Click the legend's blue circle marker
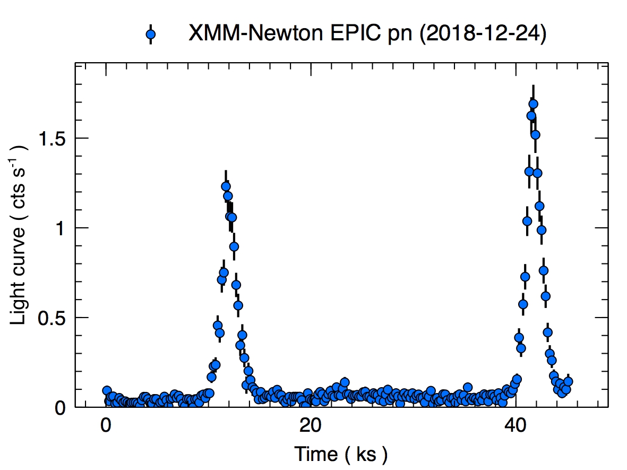pyautogui.click(x=151, y=35)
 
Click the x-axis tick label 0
pyautogui.click(x=106, y=426)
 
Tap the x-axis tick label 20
pyautogui.click(x=310, y=426)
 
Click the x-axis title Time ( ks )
pyautogui.click(x=341, y=454)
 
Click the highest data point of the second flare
pyautogui.click(x=533, y=104)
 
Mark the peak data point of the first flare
pyautogui.click(x=226, y=186)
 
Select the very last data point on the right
pyautogui.click(x=568, y=381)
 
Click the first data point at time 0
pyautogui.click(x=107, y=390)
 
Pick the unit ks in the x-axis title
pyautogui.click(x=364, y=454)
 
